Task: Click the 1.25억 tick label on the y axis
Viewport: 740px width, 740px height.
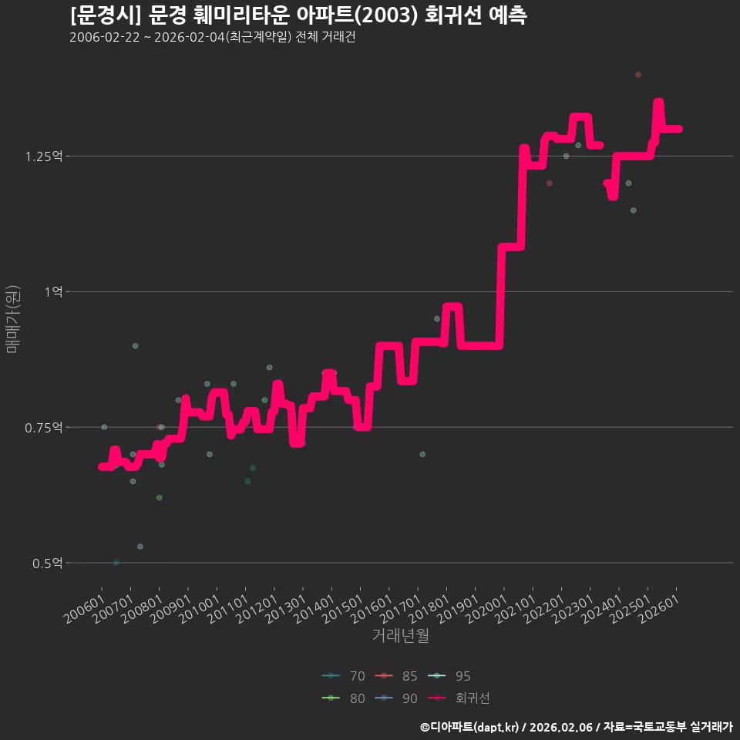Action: [x=43, y=156]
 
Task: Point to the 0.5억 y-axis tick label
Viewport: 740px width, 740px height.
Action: [x=47, y=563]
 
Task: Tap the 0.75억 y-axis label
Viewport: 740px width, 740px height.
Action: [x=43, y=428]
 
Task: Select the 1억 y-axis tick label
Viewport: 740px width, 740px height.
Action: [x=53, y=292]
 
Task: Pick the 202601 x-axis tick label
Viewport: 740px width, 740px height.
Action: [x=660, y=609]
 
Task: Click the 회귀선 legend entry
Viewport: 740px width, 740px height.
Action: [x=459, y=698]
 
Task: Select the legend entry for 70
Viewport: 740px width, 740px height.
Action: [x=343, y=676]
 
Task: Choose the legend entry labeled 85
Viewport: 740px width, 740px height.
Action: [x=396, y=676]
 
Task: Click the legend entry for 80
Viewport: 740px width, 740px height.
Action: [x=343, y=698]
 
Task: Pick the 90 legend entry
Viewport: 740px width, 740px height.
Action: [x=396, y=698]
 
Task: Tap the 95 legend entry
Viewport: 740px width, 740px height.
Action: [x=449, y=676]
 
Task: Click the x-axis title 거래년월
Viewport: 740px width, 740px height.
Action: [x=401, y=636]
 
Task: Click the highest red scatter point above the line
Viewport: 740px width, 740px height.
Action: [x=638, y=75]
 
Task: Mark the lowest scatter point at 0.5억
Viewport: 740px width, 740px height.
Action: [x=116, y=563]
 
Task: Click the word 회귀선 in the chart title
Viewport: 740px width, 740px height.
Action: [x=453, y=15]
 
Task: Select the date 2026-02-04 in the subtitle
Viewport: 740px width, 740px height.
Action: [x=190, y=37]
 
